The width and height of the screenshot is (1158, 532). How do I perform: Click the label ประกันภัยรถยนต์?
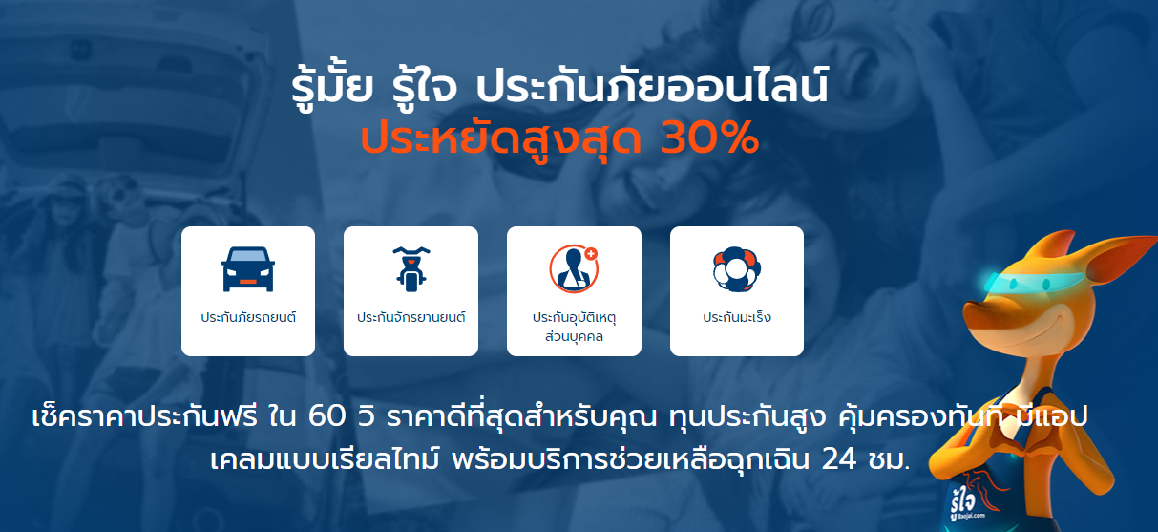(x=247, y=317)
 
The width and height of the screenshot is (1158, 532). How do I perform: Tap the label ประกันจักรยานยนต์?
(x=411, y=317)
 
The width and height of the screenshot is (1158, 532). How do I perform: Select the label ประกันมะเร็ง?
(x=736, y=317)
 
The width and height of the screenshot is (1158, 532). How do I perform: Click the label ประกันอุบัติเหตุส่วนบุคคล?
(x=574, y=326)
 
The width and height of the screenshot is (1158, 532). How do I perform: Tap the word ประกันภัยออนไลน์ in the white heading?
(x=653, y=89)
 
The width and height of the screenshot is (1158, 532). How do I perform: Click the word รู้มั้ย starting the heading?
(x=329, y=89)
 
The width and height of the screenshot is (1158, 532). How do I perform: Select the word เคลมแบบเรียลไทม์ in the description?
(x=312, y=458)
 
